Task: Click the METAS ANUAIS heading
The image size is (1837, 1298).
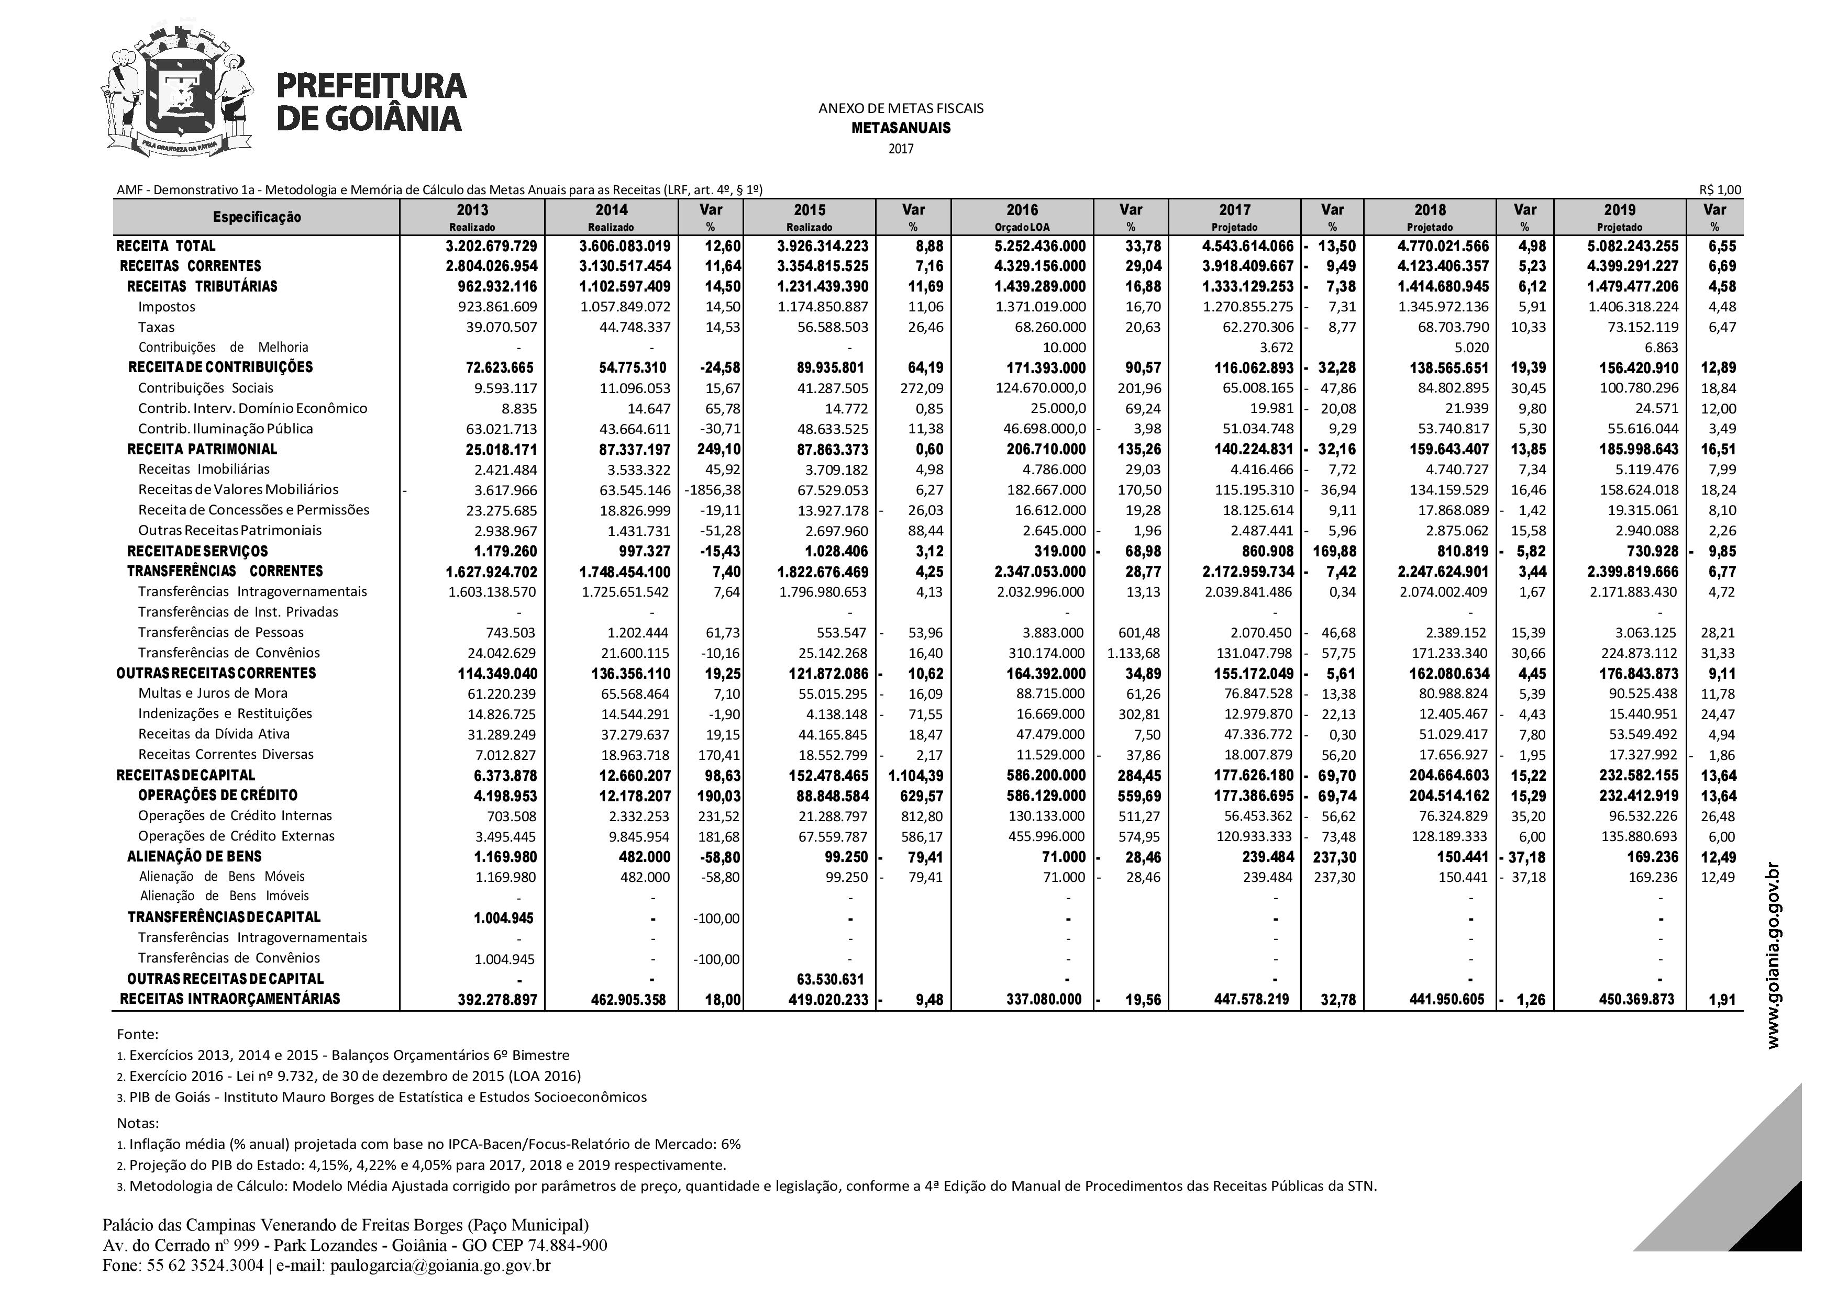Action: (x=901, y=128)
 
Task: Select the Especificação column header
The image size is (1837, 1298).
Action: (x=257, y=217)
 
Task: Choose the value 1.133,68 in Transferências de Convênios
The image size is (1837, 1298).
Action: (x=1133, y=653)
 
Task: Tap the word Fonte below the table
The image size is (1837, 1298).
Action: (x=138, y=1034)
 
